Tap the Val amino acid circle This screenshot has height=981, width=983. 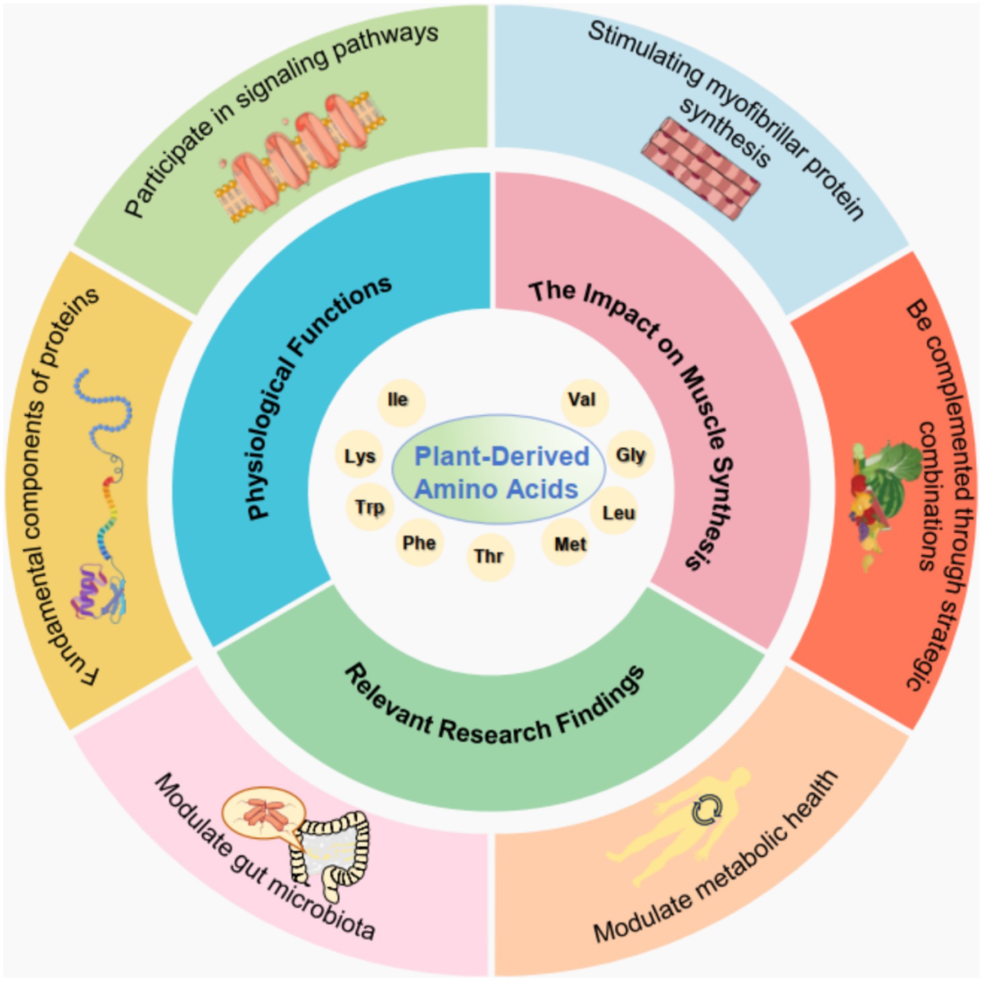click(584, 401)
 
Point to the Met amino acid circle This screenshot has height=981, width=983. click(570, 544)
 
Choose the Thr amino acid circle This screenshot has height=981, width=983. click(490, 556)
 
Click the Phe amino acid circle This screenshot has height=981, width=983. click(420, 544)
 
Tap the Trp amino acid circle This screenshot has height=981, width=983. click(369, 507)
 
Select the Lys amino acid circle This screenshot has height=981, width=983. click(359, 455)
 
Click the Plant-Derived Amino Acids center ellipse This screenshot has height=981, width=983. click(499, 470)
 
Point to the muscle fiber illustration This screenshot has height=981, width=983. click(700, 168)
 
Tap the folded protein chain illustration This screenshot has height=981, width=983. click(102, 496)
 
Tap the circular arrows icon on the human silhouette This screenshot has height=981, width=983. click(706, 810)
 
